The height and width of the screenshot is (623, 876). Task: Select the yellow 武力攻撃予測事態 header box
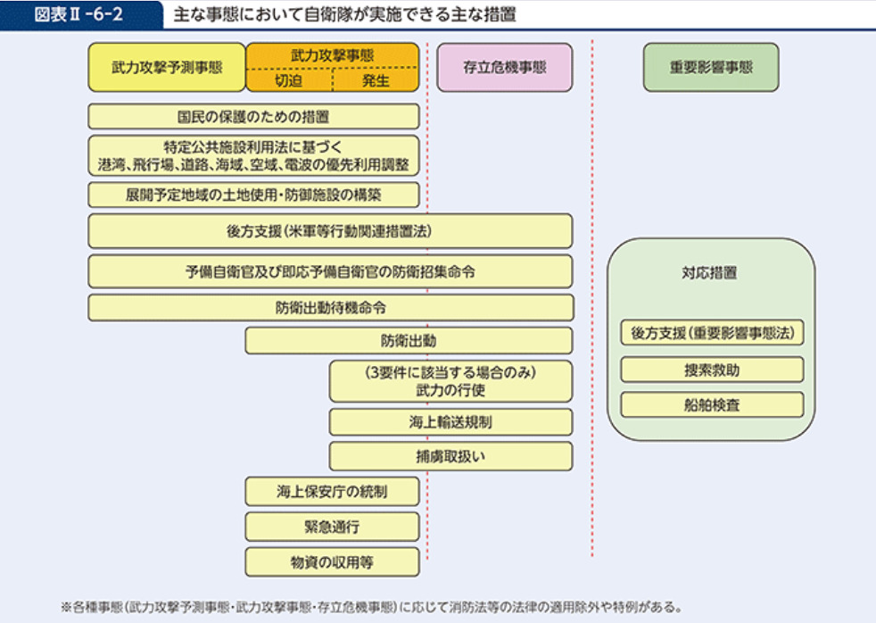(166, 67)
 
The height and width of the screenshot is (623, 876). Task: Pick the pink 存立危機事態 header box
(504, 67)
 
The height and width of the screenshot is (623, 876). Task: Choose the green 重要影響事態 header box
(711, 67)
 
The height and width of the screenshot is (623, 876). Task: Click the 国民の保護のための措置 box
(253, 116)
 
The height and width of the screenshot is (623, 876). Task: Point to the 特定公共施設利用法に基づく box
(253, 155)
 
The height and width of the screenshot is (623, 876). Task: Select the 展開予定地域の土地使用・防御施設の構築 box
(253, 195)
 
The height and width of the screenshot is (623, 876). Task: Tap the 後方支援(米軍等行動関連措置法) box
(330, 230)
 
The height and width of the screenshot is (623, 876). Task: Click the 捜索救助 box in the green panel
(711, 370)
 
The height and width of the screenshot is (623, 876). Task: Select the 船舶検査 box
(711, 404)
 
